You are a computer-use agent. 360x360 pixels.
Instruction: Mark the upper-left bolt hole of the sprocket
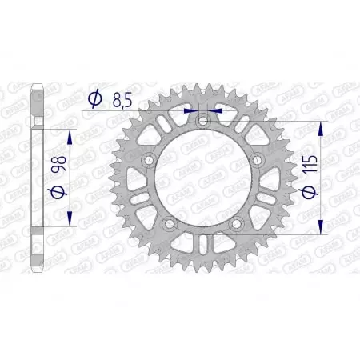(x=147, y=160)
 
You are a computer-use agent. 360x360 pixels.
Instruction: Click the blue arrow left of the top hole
(x=190, y=112)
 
